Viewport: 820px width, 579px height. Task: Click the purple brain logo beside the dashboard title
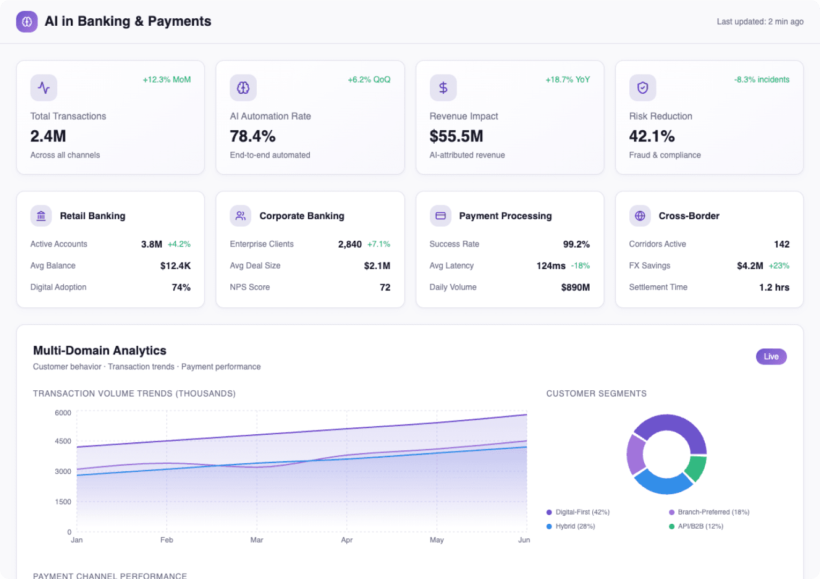coord(27,22)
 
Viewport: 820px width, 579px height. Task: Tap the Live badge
coord(771,357)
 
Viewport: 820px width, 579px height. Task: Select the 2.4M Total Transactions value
coord(48,136)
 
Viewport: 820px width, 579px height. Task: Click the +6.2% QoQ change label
coord(369,80)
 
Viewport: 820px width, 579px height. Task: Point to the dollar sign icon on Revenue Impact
coord(443,88)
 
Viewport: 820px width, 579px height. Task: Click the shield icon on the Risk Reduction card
coord(642,88)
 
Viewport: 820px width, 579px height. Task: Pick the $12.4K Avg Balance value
coord(175,266)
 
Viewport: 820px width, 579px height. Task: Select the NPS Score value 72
coord(385,287)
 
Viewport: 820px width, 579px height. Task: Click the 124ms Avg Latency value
coord(550,266)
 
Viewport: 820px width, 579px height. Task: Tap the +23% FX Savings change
coord(779,266)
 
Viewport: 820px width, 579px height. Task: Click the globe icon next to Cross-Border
coord(639,216)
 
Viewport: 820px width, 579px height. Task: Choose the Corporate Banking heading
coord(302,216)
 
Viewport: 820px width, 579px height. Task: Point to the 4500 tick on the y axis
coord(63,441)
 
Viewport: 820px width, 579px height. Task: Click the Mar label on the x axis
coord(257,540)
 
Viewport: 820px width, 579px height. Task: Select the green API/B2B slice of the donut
coord(696,468)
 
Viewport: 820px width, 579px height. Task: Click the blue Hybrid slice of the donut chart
coord(663,482)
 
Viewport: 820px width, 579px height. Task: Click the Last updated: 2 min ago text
coord(760,22)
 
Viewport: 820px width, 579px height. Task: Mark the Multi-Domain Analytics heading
coord(100,351)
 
